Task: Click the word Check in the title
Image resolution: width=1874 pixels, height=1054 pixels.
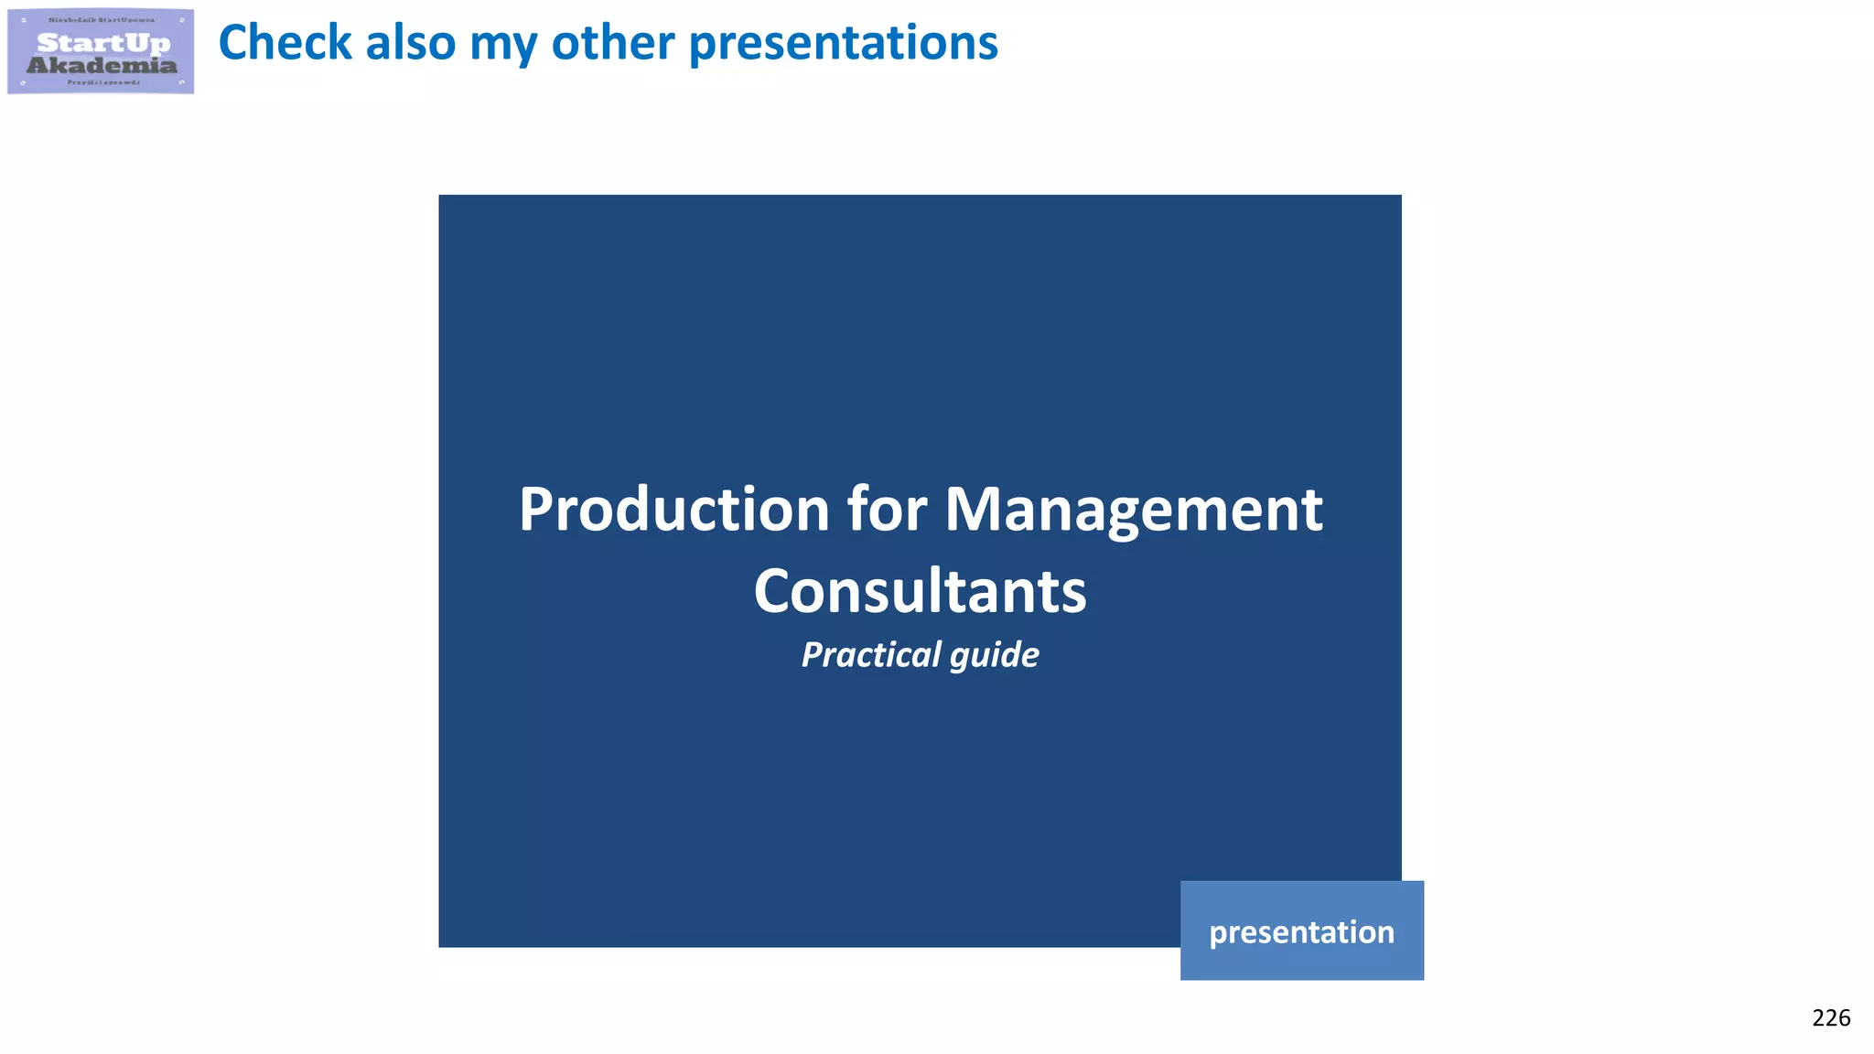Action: (285, 43)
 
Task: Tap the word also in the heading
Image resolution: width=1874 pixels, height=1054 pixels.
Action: (410, 43)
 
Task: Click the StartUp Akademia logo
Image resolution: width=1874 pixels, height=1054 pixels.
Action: (101, 51)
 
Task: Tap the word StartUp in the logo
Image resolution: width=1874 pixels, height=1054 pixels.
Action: (103, 43)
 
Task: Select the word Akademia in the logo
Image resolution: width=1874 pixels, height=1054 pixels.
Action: (102, 65)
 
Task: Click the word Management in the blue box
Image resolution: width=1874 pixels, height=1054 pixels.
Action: (1133, 511)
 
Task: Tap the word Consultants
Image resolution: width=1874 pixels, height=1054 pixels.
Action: (920, 591)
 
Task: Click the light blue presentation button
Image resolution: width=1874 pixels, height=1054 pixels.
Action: (1301, 930)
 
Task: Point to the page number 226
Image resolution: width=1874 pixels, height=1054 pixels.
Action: (1830, 1017)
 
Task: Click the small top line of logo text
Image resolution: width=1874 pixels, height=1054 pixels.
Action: (102, 19)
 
